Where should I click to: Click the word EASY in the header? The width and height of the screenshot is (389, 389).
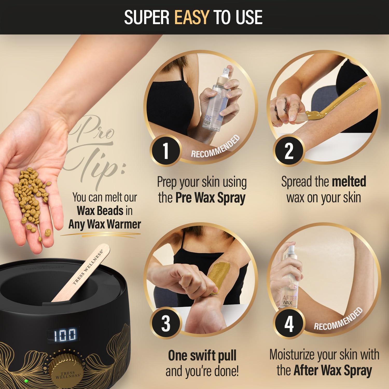(192, 17)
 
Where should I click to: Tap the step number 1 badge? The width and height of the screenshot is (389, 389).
(165, 151)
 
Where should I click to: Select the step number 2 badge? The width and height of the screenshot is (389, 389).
(288, 151)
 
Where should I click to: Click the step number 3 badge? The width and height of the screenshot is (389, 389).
(165, 323)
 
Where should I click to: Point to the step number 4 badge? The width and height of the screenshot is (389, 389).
(288, 323)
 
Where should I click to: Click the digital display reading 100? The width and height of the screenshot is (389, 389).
(65, 335)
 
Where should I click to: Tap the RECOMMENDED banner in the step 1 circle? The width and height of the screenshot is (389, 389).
(215, 147)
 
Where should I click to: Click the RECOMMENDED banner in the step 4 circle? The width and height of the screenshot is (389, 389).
(338, 319)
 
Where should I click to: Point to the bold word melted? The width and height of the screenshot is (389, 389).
(349, 182)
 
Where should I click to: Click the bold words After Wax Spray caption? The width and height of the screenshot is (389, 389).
(333, 370)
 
